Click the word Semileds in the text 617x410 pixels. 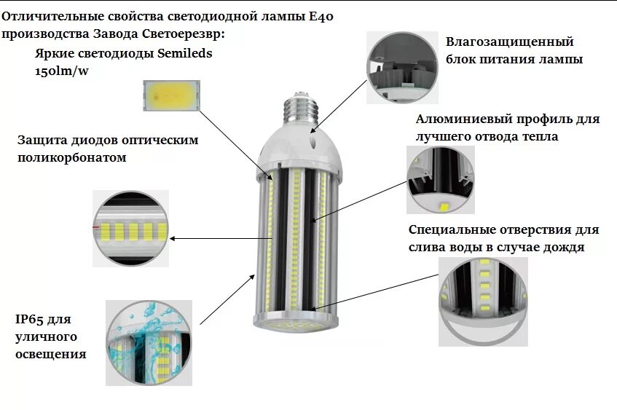185,54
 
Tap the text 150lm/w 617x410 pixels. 60,71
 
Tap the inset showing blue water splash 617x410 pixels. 149,342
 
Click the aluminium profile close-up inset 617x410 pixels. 440,180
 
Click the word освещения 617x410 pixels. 50,355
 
